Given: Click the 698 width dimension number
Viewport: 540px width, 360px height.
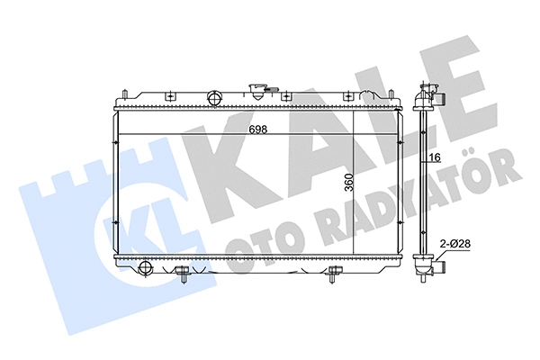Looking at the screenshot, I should (x=257, y=128).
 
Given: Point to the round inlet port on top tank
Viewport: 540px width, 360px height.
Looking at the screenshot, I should (x=214, y=98).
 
